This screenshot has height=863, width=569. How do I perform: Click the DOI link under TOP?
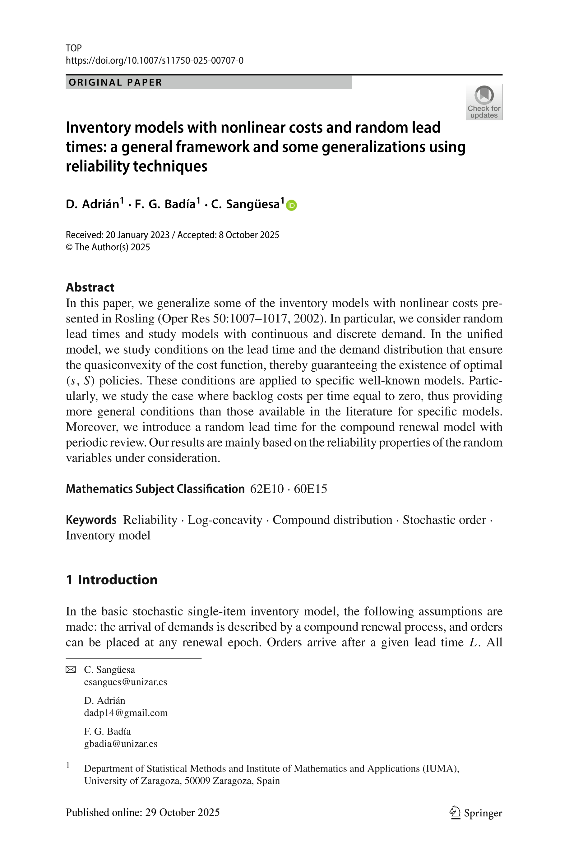click(154, 61)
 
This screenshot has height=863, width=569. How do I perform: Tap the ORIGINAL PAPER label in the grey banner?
click(115, 82)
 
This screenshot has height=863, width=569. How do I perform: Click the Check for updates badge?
click(484, 102)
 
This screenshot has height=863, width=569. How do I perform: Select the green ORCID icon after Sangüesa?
click(291, 205)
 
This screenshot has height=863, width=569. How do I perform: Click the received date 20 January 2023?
click(137, 235)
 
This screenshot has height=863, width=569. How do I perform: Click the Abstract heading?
click(90, 287)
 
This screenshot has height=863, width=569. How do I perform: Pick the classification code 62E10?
click(267, 489)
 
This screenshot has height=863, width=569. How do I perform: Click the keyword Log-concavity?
click(224, 520)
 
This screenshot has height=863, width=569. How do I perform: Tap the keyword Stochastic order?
click(444, 520)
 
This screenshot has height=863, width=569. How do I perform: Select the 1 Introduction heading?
click(111, 580)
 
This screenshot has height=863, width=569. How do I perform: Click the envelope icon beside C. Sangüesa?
click(71, 670)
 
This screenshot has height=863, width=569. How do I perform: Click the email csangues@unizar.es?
click(126, 682)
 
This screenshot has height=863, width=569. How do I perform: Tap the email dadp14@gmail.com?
click(126, 713)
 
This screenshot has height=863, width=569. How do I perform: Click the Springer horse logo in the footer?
click(454, 813)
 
